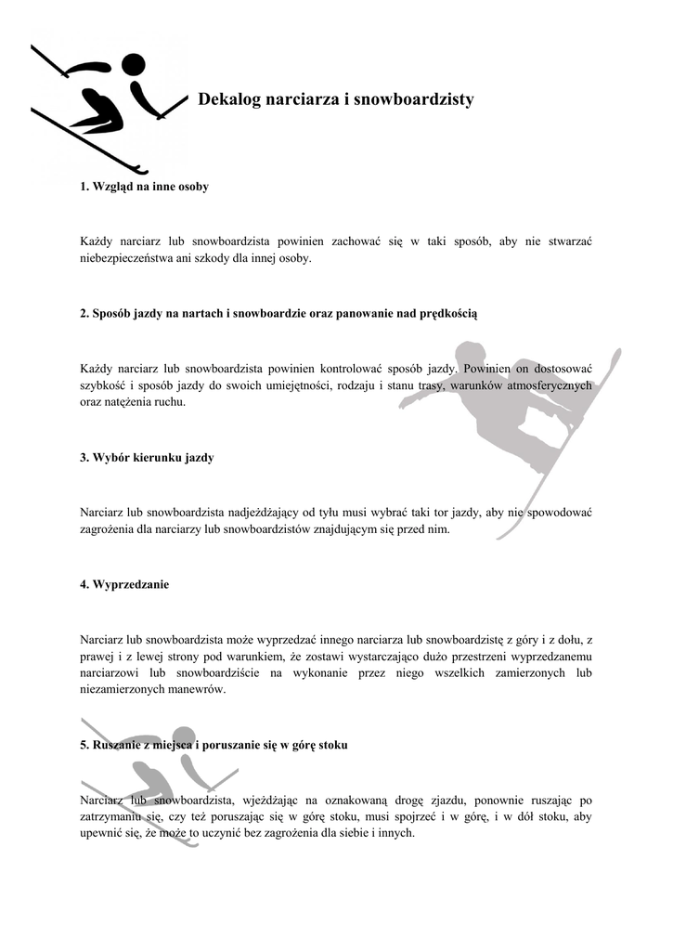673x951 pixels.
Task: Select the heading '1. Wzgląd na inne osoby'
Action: [x=144, y=187]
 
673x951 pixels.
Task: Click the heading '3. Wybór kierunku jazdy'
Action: [x=147, y=458]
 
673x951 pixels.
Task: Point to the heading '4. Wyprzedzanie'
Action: [x=124, y=585]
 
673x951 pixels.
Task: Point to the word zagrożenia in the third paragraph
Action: [x=110, y=529]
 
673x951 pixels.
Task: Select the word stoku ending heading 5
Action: [x=332, y=746]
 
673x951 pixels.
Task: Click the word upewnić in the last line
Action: [x=101, y=834]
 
